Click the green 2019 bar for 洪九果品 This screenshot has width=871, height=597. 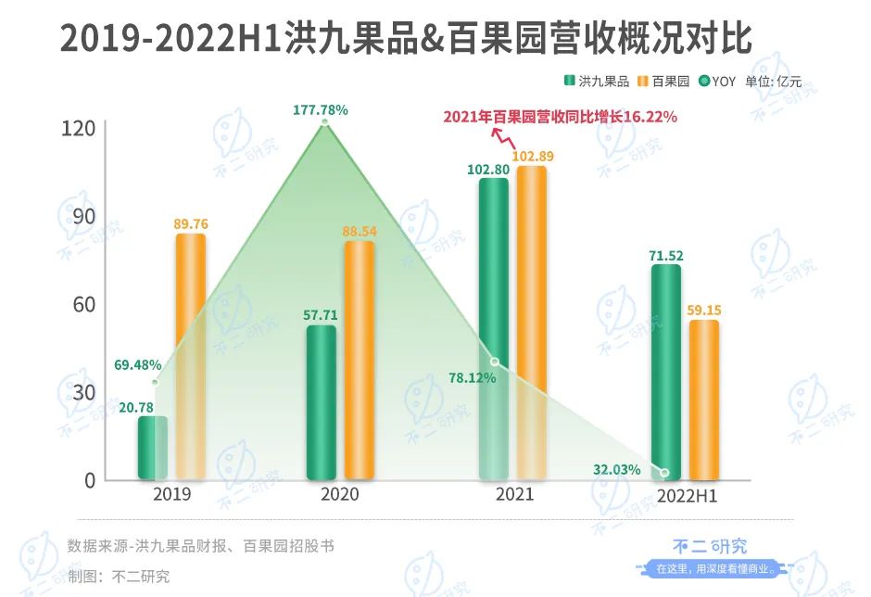[x=153, y=448]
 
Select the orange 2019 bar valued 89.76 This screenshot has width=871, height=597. [x=190, y=356]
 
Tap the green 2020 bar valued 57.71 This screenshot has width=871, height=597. [x=321, y=402]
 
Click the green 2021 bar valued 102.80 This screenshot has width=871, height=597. [x=494, y=329]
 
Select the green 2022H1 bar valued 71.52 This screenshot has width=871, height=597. [x=665, y=371]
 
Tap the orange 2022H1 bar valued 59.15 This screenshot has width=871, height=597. [x=703, y=400]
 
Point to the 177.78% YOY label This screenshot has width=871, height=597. [x=321, y=109]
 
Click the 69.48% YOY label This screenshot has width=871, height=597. [x=138, y=364]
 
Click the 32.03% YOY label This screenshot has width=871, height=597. [x=616, y=470]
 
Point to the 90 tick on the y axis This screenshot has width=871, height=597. [x=83, y=216]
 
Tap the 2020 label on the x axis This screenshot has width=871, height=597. [x=339, y=494]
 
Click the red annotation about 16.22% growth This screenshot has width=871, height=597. [x=560, y=117]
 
